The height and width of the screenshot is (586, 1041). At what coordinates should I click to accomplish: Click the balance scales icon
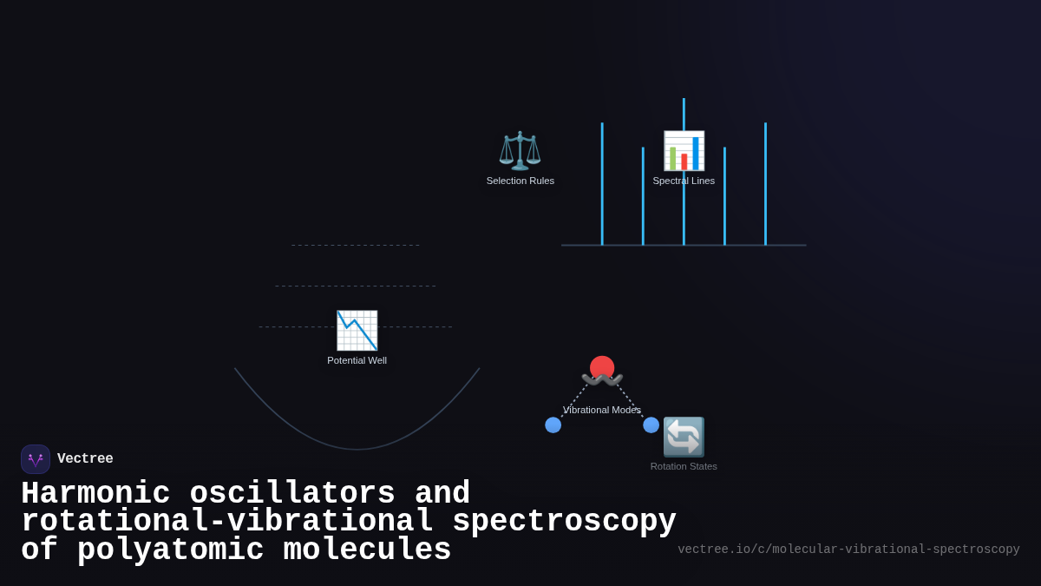tap(520, 150)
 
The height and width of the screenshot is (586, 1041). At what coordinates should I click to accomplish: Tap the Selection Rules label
tap(520, 181)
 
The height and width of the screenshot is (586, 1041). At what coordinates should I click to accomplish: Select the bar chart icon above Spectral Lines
tap(684, 150)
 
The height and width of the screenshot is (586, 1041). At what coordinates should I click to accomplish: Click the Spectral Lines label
tap(684, 181)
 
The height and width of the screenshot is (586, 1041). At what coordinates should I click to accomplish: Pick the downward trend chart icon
tap(357, 330)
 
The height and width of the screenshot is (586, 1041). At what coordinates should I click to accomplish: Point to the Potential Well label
tap(357, 360)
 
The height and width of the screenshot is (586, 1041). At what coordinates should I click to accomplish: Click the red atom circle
tap(602, 366)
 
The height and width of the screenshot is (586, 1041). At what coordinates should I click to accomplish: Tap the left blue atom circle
tap(553, 425)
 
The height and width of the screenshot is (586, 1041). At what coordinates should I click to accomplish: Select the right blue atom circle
tap(651, 425)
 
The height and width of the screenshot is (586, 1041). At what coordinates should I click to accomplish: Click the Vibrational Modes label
tap(601, 410)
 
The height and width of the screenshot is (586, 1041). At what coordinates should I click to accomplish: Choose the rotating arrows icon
tap(684, 437)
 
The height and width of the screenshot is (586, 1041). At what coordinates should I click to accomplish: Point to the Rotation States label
tap(684, 466)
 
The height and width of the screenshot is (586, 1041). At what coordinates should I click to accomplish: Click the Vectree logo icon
tap(36, 459)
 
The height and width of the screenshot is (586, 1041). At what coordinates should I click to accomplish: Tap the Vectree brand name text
tap(85, 459)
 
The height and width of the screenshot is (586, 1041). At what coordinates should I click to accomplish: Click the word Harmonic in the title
tap(95, 494)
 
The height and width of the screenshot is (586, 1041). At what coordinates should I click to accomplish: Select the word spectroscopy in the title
tap(564, 522)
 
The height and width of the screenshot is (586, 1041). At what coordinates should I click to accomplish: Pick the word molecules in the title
tap(367, 550)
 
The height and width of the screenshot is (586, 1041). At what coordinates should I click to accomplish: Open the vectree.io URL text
tap(848, 550)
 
